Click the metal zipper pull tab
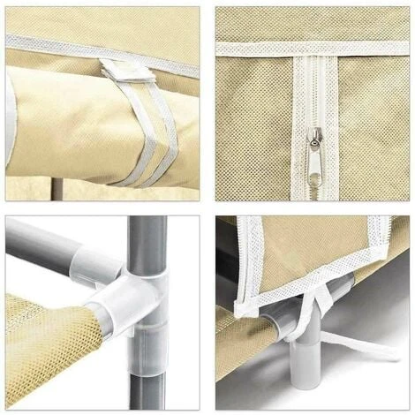[316, 154]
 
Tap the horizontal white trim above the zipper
[265, 49]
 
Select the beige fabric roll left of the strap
[62, 115]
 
